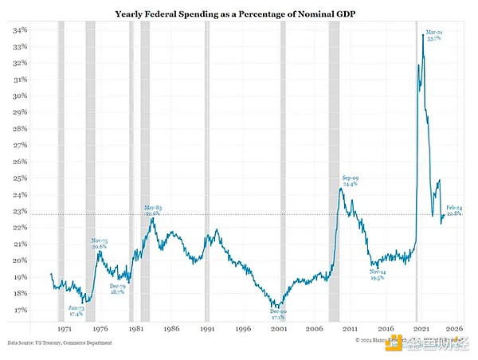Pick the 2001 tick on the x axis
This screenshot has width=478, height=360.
[279, 327]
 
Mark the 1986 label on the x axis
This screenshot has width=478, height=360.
[172, 327]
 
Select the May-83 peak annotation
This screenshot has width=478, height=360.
[153, 209]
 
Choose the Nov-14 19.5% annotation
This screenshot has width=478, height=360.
[378, 275]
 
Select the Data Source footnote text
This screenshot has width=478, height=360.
[61, 342]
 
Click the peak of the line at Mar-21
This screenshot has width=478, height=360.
[423, 34]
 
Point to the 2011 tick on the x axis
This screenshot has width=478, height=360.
[350, 327]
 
